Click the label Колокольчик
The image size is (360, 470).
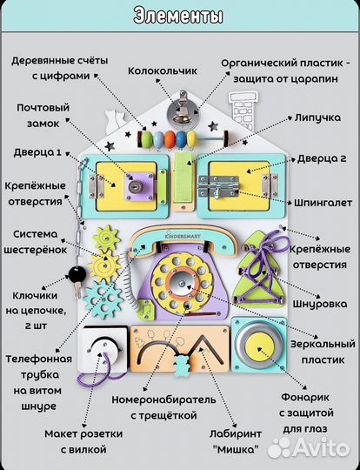pyautogui.click(x=163, y=70)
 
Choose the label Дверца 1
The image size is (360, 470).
pyautogui.click(x=37, y=152)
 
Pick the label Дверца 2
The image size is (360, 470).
pyautogui.click(x=320, y=158)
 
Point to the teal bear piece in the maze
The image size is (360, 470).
pyautogui.click(x=182, y=365)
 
